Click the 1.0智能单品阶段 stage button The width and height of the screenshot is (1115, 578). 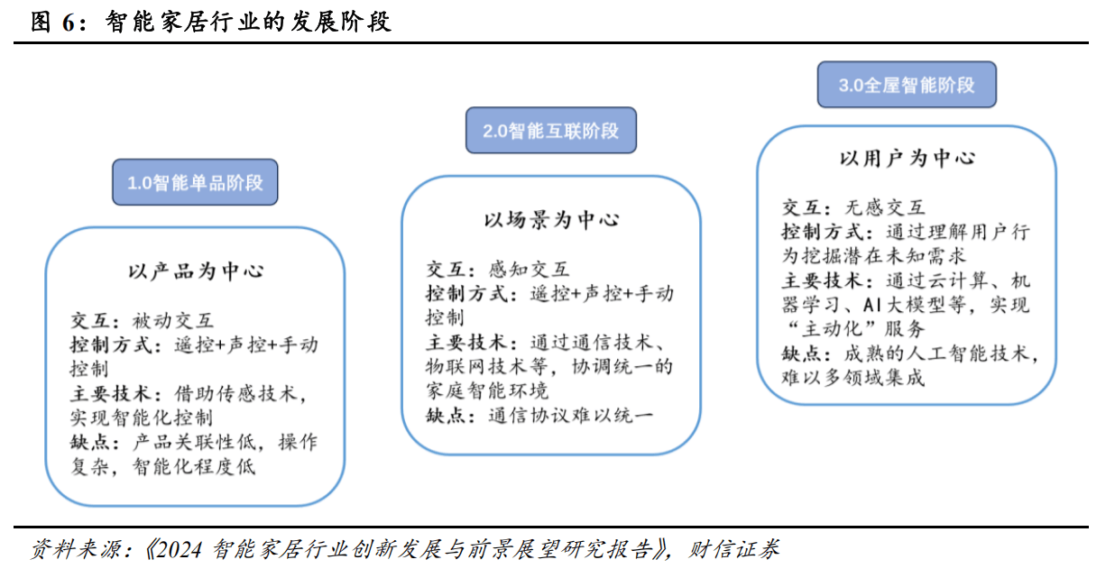(x=195, y=182)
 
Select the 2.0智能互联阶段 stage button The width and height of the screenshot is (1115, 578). (x=551, y=131)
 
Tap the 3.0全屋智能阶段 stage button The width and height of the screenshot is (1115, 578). (x=907, y=85)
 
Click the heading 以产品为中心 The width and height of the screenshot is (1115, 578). (x=196, y=271)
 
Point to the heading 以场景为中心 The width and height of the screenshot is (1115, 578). (x=551, y=220)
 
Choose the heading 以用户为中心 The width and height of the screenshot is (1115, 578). (x=907, y=159)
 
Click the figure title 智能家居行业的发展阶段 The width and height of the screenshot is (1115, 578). (x=248, y=22)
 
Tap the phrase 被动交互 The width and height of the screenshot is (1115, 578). (x=173, y=321)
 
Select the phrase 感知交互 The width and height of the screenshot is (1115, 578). (x=529, y=270)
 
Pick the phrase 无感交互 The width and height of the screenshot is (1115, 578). (x=885, y=207)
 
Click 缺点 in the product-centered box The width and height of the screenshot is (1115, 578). (x=89, y=442)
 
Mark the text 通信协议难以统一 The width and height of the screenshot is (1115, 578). (x=570, y=416)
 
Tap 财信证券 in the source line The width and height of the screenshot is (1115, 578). (x=733, y=550)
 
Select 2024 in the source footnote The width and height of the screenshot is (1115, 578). (x=179, y=550)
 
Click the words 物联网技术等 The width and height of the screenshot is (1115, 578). (x=487, y=367)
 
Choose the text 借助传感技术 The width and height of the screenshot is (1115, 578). (x=235, y=394)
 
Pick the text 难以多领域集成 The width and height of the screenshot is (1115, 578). (x=852, y=378)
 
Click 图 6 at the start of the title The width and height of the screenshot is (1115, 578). (x=52, y=23)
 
